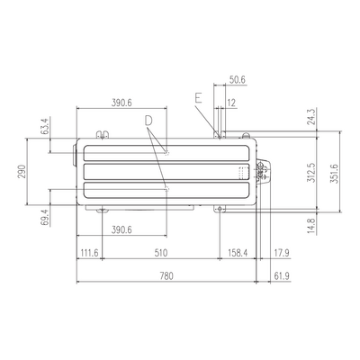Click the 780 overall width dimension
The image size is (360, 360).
[x=166, y=275]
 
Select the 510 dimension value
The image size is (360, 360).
[x=161, y=253]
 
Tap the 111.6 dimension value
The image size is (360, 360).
[x=88, y=253]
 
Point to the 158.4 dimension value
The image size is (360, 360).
[x=238, y=253]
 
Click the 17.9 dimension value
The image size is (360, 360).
[x=282, y=253]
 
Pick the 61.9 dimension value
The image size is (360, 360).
[x=282, y=275]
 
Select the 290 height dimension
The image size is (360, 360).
[x=22, y=171]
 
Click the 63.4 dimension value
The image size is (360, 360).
[x=44, y=126]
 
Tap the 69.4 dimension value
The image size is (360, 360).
[x=44, y=217]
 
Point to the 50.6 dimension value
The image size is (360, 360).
[x=238, y=80]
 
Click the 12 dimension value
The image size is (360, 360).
[x=231, y=103]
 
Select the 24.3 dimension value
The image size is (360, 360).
[x=311, y=116]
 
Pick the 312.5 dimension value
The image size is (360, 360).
[x=311, y=173]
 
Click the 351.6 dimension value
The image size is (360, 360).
[x=335, y=174]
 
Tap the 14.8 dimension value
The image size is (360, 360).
[x=311, y=226]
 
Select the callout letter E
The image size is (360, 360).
[x=198, y=98]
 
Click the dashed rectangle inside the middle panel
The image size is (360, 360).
[x=244, y=173]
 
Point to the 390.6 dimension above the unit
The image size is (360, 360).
[x=121, y=103]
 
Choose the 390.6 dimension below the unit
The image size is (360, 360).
[x=121, y=230]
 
